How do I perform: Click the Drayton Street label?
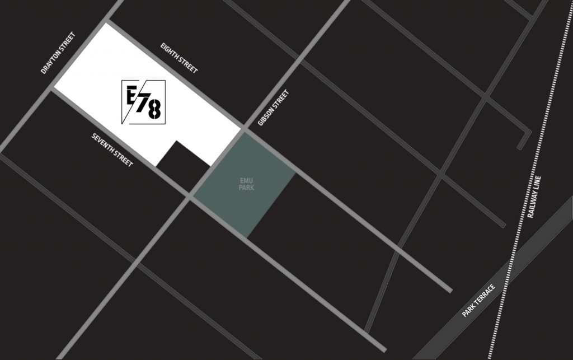coord(58,53)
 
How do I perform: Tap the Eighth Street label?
coord(179,58)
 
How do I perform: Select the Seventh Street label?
coord(112,149)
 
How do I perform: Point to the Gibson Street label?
coord(273,108)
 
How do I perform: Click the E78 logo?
coord(143,102)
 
